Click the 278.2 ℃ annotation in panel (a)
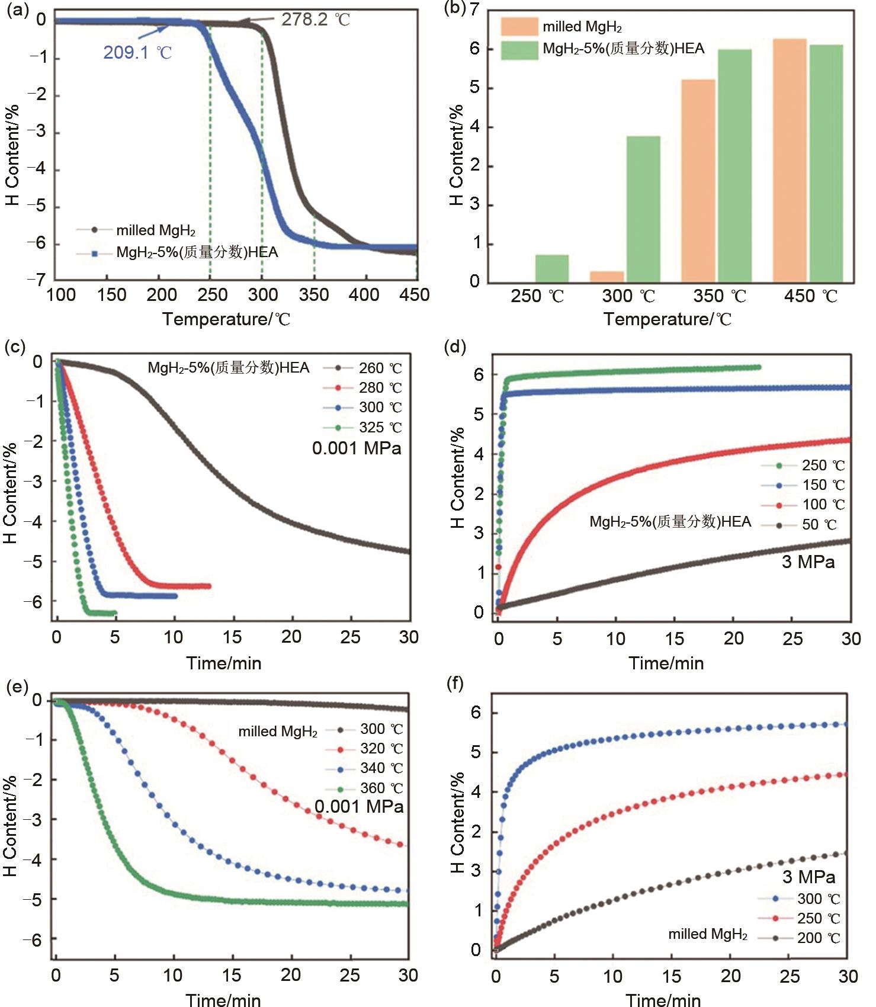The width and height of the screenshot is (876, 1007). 315,20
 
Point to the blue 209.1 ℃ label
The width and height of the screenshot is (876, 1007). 137,53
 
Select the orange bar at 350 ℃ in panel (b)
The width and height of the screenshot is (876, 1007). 698,181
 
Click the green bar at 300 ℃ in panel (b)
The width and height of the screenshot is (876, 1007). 643,209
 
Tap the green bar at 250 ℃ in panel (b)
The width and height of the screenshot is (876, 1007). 552,268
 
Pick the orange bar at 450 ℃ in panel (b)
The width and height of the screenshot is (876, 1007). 790,160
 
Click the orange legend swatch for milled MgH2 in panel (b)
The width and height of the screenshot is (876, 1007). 519,27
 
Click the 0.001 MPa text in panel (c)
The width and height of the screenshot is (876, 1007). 357,448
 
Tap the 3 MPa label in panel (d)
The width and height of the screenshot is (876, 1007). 808,562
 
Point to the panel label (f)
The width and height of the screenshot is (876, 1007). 454,684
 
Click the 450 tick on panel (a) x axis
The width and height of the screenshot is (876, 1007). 414,295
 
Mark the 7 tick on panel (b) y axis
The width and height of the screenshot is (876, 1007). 474,9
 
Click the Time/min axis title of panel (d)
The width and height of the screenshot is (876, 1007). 666,663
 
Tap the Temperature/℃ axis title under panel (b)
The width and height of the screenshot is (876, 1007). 668,320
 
